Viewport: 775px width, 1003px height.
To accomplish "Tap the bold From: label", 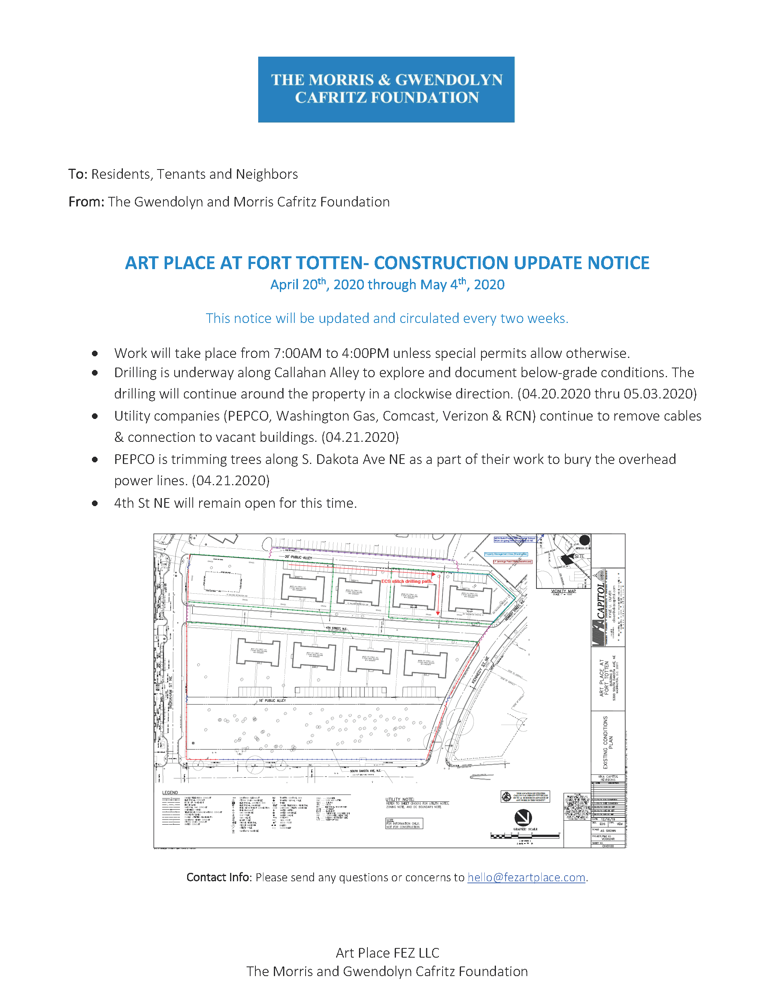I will point(86,202).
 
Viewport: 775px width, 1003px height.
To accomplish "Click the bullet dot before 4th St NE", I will point(95,503).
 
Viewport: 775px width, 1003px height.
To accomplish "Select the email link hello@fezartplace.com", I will point(526,877).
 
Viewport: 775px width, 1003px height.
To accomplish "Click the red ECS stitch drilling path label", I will point(407,581).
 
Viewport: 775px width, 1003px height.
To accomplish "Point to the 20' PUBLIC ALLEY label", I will point(298,557).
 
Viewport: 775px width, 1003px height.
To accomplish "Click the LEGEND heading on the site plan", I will point(170,793).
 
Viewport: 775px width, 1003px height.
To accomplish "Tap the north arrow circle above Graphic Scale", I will point(523,817).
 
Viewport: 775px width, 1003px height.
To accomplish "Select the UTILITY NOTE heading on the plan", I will point(400,800).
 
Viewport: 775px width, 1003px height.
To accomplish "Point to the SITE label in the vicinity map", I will point(579,556).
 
